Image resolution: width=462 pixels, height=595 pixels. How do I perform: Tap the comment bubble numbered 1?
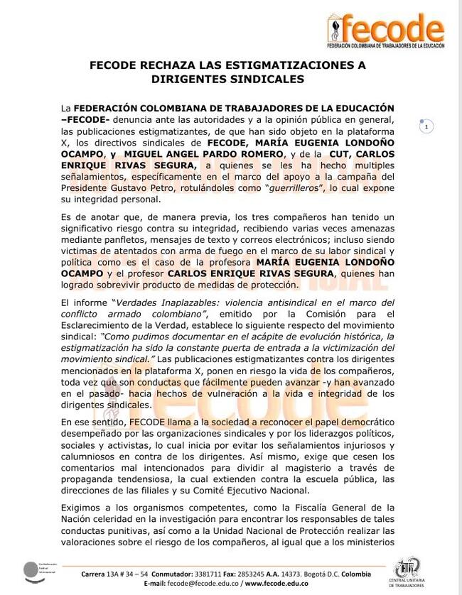tap(426, 127)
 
